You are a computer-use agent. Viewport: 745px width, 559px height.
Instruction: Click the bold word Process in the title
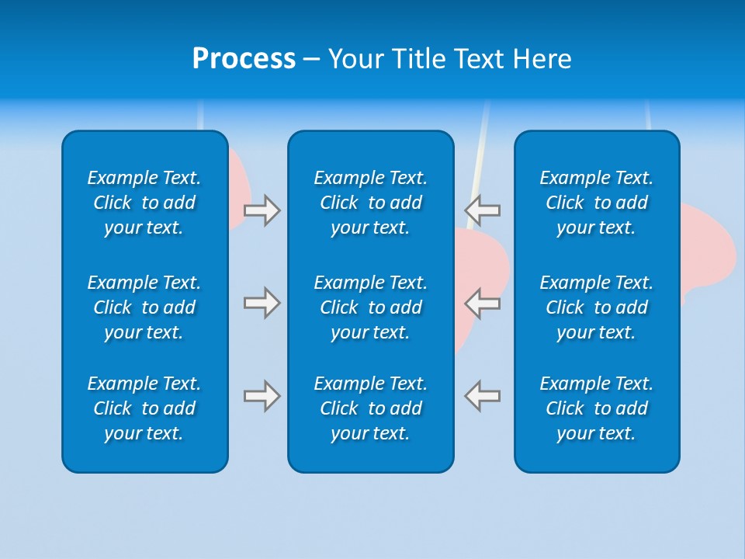(244, 59)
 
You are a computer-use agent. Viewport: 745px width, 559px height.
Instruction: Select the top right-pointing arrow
(262, 210)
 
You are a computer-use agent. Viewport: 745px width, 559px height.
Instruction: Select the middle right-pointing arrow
(262, 303)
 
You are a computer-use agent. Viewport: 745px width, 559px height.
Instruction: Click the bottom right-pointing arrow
(262, 396)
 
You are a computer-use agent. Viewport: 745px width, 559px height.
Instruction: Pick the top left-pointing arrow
(483, 210)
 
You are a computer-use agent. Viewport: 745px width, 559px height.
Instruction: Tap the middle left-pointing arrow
(483, 303)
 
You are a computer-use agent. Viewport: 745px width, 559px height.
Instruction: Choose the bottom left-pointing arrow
(483, 396)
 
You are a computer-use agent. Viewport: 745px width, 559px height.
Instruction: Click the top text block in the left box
(144, 203)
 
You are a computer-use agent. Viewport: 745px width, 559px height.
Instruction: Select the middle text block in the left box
(144, 307)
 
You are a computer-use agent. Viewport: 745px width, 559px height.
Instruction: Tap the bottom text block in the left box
(144, 408)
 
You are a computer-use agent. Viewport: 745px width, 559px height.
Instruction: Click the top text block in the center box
(371, 203)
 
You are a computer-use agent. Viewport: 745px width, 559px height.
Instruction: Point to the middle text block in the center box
(371, 307)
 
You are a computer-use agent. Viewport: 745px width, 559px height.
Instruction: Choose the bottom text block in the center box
(371, 408)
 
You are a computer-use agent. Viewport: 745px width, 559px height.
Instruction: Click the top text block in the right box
(597, 203)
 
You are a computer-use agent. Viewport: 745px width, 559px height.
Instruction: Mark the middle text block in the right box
(597, 307)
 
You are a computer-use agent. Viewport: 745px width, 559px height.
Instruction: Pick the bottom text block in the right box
(597, 408)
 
